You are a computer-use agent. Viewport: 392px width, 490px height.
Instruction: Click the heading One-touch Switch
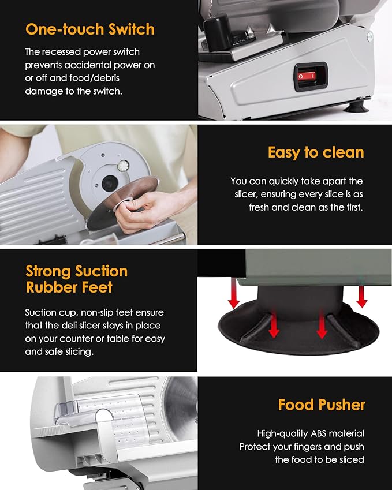(89, 29)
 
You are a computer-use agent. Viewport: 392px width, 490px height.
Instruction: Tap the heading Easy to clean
(315, 152)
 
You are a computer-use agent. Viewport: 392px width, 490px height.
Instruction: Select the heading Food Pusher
(322, 405)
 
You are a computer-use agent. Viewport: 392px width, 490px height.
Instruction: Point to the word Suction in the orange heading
(102, 271)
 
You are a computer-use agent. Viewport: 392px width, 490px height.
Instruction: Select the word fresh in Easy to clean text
(260, 207)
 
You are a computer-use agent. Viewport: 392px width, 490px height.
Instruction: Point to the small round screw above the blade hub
(122, 166)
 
